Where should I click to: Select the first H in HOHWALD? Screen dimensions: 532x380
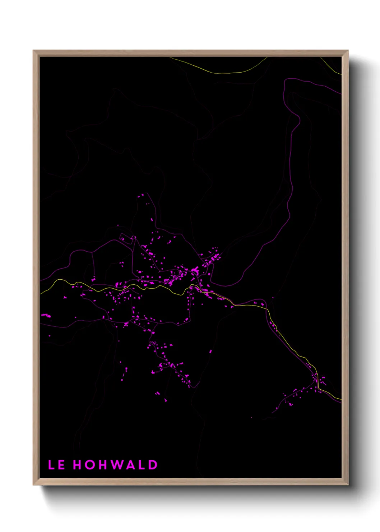78,465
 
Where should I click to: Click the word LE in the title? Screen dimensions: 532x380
56,465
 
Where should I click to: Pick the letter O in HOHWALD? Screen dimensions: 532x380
89,465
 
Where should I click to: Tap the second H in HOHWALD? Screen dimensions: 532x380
102,465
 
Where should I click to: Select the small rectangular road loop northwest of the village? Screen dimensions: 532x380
124,238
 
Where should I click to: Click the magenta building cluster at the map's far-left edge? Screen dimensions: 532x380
46,316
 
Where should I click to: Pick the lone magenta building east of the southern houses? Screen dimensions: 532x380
210,352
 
